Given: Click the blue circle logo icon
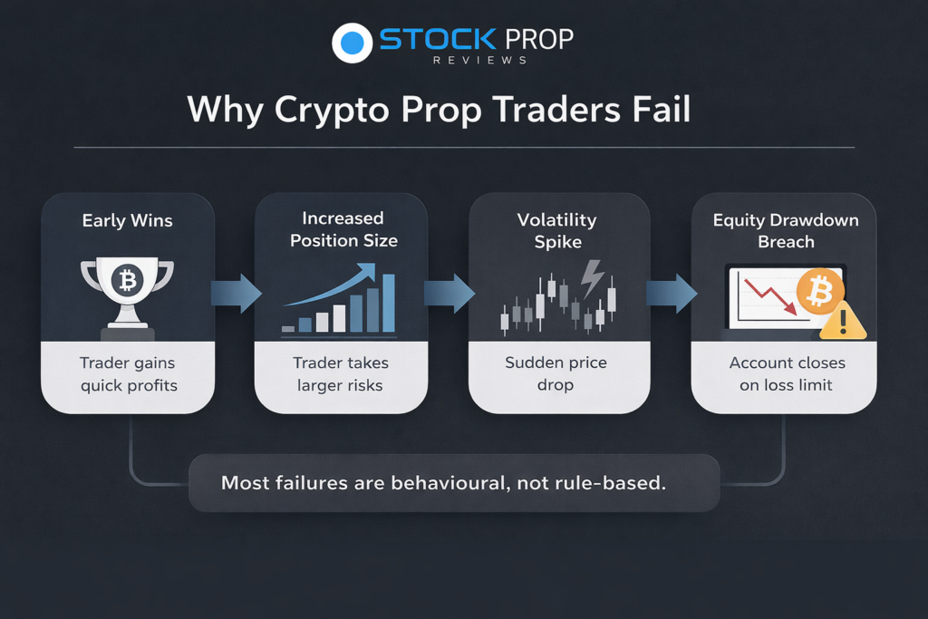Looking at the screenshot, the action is coord(353,43).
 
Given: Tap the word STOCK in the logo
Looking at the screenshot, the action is coord(438,40).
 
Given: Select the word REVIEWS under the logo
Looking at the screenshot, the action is coord(480,61).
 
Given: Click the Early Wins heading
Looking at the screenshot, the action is coord(127,221).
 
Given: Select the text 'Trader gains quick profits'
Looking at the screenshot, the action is coord(129,374).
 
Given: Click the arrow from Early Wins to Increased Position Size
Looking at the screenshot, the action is coord(237,293).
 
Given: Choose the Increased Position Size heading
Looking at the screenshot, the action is coord(343,229).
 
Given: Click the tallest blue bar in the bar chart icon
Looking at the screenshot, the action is coord(389,303).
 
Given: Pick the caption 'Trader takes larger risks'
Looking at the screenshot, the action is coord(341,374).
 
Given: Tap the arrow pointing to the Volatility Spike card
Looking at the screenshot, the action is coord(449,293).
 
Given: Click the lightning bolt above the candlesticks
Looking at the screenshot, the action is coord(592,278).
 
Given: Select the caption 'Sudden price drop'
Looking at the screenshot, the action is coord(556,373).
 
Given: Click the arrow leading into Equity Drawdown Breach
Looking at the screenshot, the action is coord(672,293).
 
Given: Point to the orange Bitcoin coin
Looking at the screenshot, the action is coord(820,292).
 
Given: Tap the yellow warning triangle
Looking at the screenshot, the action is coord(844,322).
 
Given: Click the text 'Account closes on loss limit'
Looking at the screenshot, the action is coord(787,374).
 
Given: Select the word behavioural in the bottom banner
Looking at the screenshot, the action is coord(449,483).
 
